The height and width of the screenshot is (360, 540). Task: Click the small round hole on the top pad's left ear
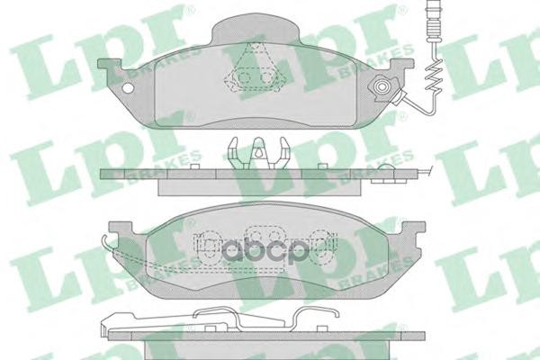click(x=129, y=89)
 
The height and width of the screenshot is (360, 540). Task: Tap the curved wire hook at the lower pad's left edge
click(x=110, y=244)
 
